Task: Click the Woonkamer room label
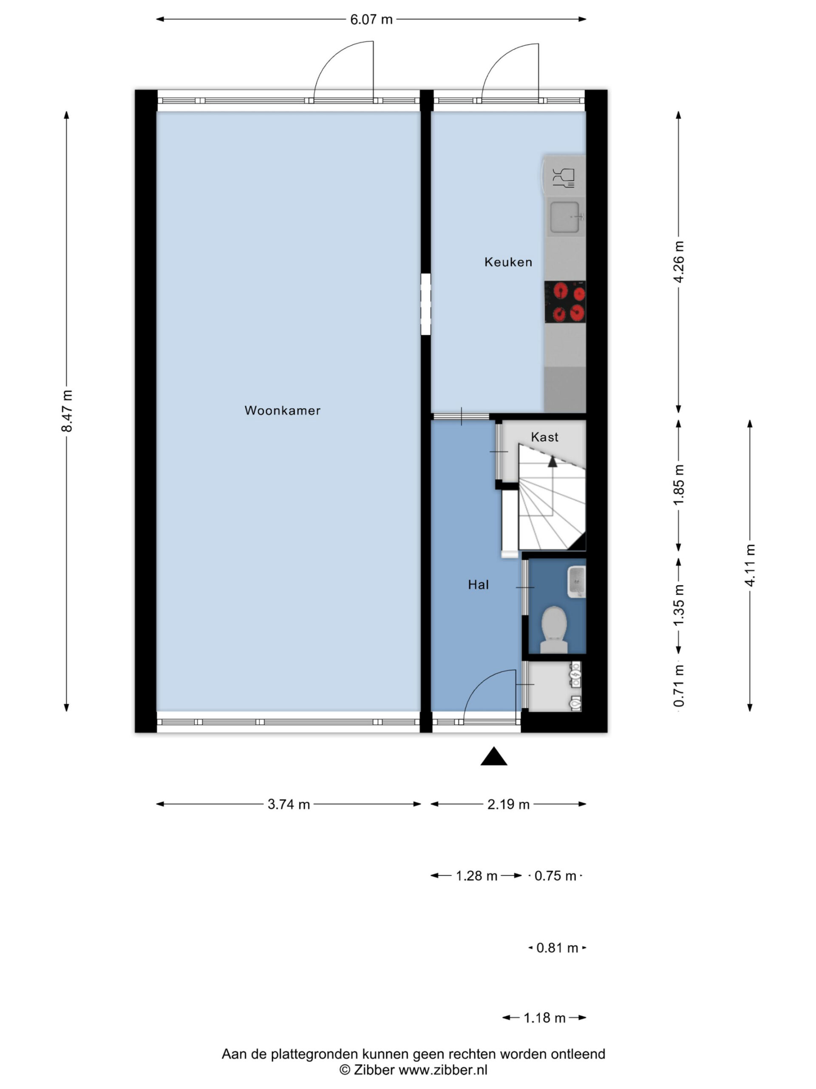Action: tap(282, 411)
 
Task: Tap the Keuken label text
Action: tap(508, 262)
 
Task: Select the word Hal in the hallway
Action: tap(478, 585)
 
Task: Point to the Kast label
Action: tap(544, 437)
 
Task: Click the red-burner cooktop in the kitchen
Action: tap(565, 302)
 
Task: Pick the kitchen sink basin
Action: tap(565, 217)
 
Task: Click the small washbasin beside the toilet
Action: tap(576, 582)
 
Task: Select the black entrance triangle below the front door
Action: tap(493, 757)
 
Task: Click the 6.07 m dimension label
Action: tap(371, 20)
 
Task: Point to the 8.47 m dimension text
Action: tap(67, 411)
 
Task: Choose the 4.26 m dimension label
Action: tap(679, 262)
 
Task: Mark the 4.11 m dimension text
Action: tap(750, 565)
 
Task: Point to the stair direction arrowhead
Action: tap(553, 461)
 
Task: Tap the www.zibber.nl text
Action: tap(443, 1070)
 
